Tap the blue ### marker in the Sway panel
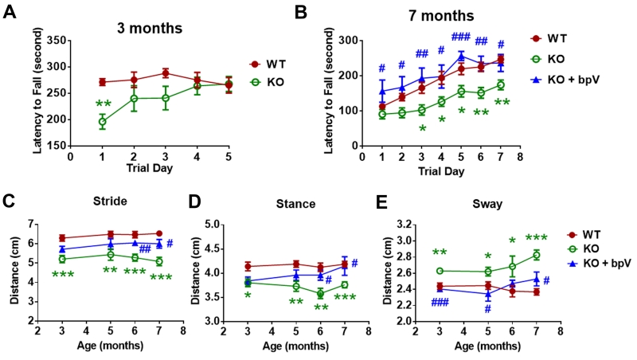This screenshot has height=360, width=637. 440,303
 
